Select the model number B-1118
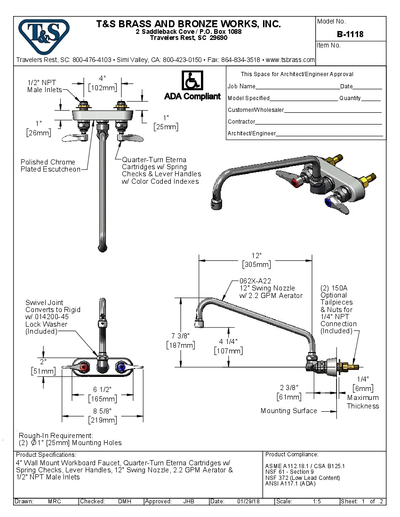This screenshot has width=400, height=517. point(350,34)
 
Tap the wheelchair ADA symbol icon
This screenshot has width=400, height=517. point(192,81)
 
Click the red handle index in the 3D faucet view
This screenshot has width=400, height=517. point(296,182)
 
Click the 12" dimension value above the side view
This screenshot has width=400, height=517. point(256,255)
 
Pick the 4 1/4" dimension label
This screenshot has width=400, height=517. point(228,342)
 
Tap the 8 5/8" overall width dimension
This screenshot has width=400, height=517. point(102,411)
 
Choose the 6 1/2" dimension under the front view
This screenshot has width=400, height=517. point(102,390)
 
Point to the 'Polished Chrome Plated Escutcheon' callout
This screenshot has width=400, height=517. point(50,165)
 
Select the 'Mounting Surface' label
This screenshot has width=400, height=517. point(288,411)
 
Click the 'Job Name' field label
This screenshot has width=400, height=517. point(241,86)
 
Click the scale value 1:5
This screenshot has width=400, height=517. point(317,501)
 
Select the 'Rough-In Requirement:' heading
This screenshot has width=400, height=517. point(56,435)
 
